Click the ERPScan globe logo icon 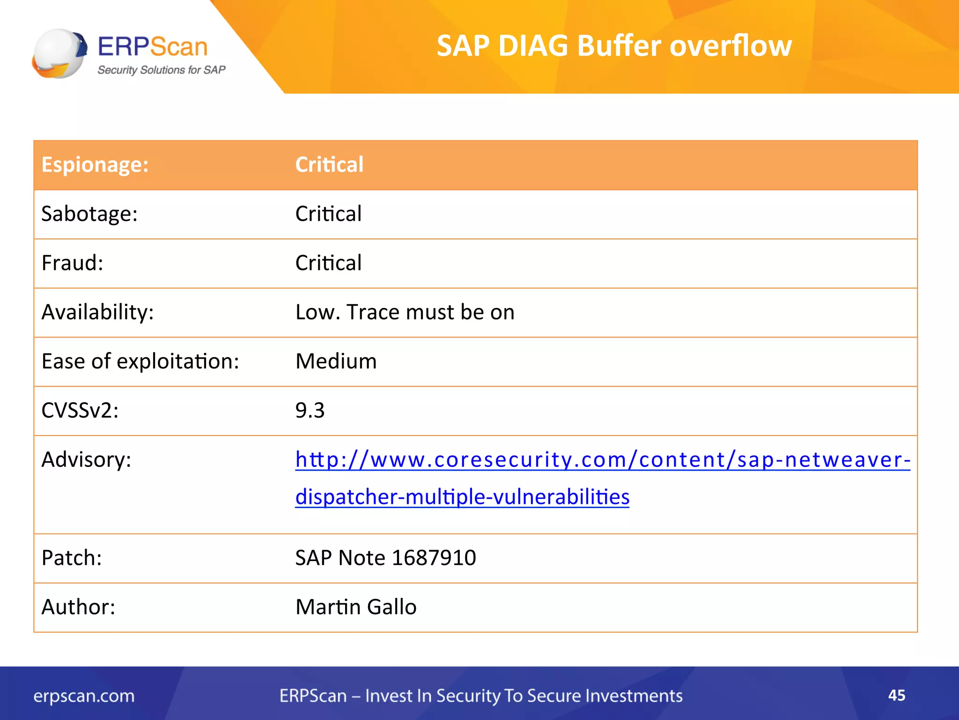pyautogui.click(x=59, y=53)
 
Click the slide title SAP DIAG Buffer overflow pyautogui.click(x=614, y=46)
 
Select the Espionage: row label pyautogui.click(x=95, y=165)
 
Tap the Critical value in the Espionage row pyautogui.click(x=329, y=165)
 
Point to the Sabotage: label pyautogui.click(x=89, y=214)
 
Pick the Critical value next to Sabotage pyautogui.click(x=328, y=214)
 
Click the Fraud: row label pyautogui.click(x=72, y=263)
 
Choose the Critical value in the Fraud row pyautogui.click(x=328, y=263)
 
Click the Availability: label pyautogui.click(x=97, y=312)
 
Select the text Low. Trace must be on pyautogui.click(x=405, y=312)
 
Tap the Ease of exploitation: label pyautogui.click(x=140, y=361)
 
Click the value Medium pyautogui.click(x=336, y=361)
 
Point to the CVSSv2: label pyautogui.click(x=80, y=411)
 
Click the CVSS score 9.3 pyautogui.click(x=310, y=411)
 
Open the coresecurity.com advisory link pyautogui.click(x=602, y=460)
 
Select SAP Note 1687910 pyautogui.click(x=385, y=558)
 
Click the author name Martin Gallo pyautogui.click(x=356, y=607)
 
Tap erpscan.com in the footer pyautogui.click(x=84, y=696)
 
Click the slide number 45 pyautogui.click(x=896, y=695)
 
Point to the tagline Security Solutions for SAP pyautogui.click(x=162, y=70)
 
